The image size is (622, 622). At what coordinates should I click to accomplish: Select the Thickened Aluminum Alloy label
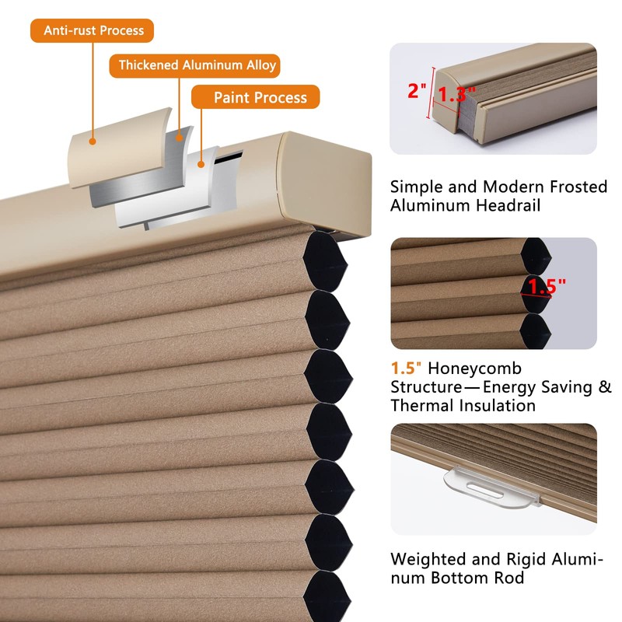pyautogui.click(x=197, y=65)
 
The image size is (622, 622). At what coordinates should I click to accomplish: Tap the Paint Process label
pyautogui.click(x=255, y=97)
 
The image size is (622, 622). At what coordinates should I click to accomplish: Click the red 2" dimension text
pyautogui.click(x=417, y=91)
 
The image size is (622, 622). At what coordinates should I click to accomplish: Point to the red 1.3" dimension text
pyautogui.click(x=456, y=95)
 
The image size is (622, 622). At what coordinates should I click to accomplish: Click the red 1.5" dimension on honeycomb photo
pyautogui.click(x=547, y=286)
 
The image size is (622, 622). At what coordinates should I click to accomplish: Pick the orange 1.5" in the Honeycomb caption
pyautogui.click(x=404, y=369)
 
